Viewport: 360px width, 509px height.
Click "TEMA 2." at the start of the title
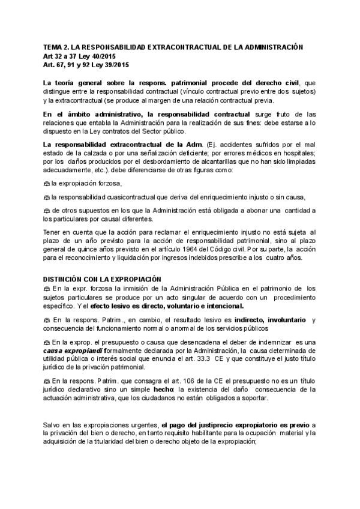point(55,47)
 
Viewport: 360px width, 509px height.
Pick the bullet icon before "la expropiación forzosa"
point(46,183)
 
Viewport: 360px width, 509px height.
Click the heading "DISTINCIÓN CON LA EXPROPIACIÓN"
point(102,279)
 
